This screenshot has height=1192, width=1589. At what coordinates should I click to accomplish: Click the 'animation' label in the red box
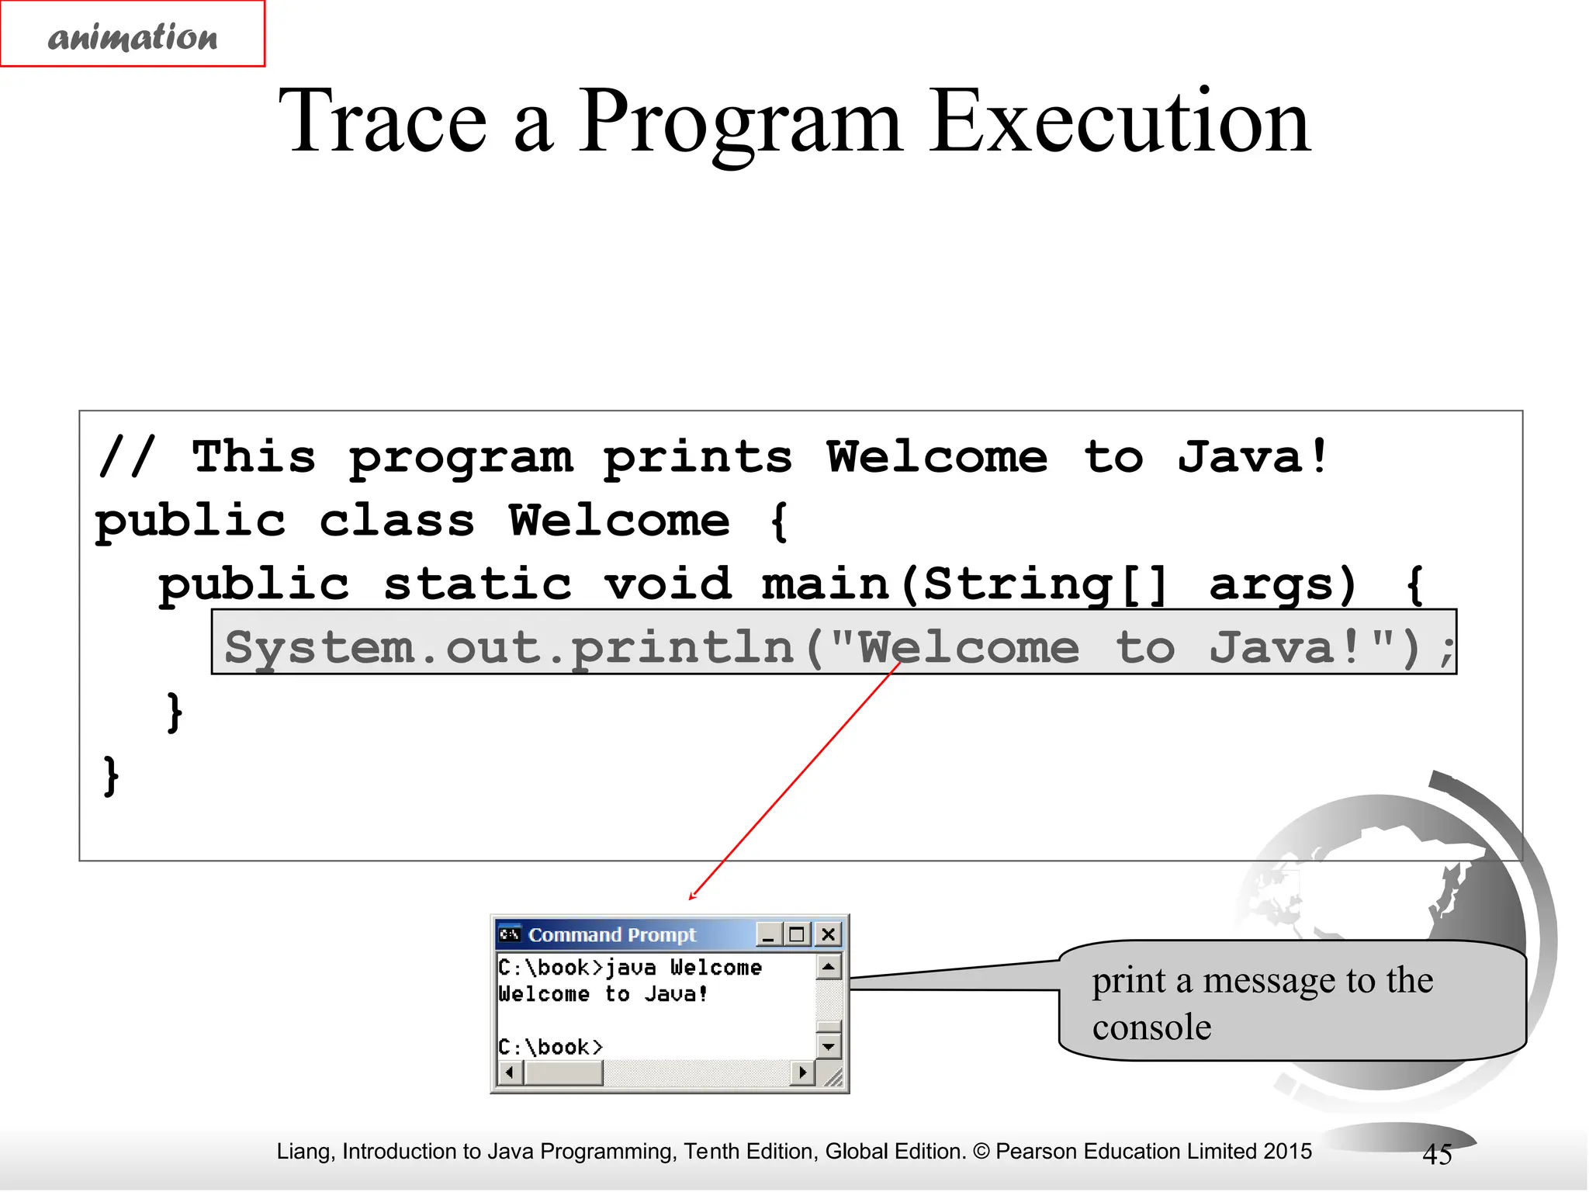[x=133, y=36]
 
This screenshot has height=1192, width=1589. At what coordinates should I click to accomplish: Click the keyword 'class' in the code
[x=396, y=521]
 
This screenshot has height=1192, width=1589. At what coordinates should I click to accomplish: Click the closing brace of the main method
[x=175, y=712]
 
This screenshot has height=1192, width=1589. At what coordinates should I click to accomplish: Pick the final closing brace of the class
[x=111, y=775]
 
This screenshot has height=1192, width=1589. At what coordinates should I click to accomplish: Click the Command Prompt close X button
[x=828, y=934]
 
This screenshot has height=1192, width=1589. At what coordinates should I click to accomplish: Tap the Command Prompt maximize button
[x=797, y=934]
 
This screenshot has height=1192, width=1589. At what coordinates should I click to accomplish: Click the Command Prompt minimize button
[x=768, y=934]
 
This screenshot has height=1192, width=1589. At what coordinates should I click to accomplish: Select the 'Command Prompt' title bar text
[x=611, y=935]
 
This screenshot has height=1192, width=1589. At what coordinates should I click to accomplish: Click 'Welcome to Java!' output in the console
[x=603, y=994]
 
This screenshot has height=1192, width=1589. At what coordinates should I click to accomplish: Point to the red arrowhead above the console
[x=693, y=896]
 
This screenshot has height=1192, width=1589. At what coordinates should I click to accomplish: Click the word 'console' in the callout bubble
[x=1151, y=1027]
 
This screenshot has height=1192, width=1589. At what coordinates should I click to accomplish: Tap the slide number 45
[x=1437, y=1155]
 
